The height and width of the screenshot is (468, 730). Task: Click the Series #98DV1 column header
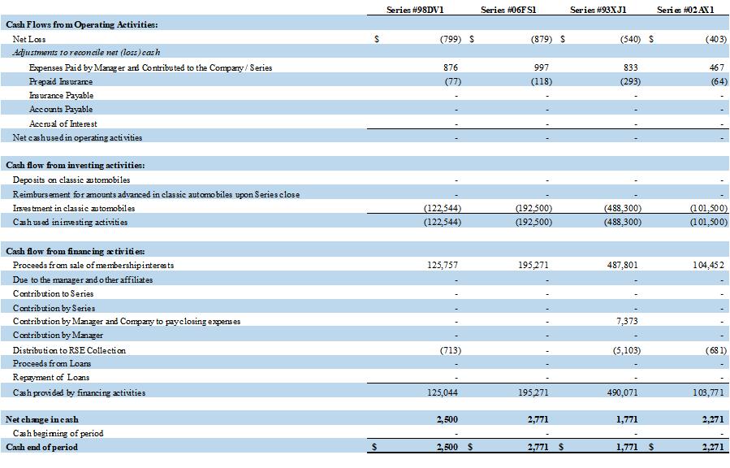tap(415, 10)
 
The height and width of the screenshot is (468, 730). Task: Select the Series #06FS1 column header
tap(508, 10)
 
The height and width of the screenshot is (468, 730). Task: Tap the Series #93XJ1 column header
tap(598, 10)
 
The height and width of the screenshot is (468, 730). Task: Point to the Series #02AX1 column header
tap(685, 10)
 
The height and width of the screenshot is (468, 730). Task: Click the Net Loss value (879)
tap(540, 39)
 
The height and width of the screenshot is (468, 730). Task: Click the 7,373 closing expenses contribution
tap(626, 321)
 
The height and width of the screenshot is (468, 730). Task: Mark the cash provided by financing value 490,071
tap(623, 392)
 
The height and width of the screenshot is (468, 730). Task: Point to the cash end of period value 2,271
tap(711, 447)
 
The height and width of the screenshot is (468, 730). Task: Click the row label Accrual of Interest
tap(63, 123)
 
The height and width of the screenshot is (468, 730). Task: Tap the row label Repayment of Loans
tap(51, 377)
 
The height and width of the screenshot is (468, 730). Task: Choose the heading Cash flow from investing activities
tap(76, 165)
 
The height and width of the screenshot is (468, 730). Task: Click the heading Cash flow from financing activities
tap(76, 251)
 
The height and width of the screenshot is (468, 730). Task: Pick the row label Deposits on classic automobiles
tap(71, 180)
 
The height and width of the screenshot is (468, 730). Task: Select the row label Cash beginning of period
tap(58, 433)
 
